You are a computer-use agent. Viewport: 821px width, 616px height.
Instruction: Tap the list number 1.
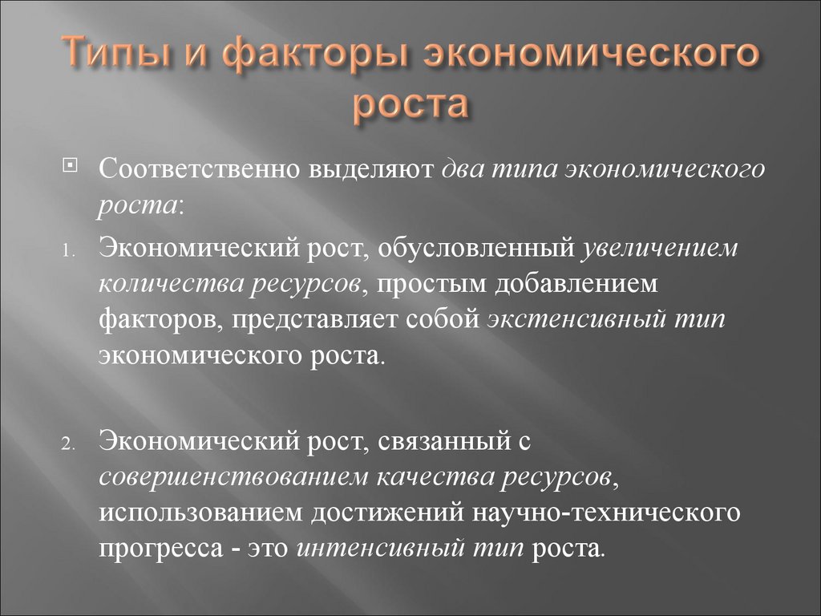coord(68,252)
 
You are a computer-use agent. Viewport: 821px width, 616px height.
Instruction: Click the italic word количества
coord(171,285)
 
